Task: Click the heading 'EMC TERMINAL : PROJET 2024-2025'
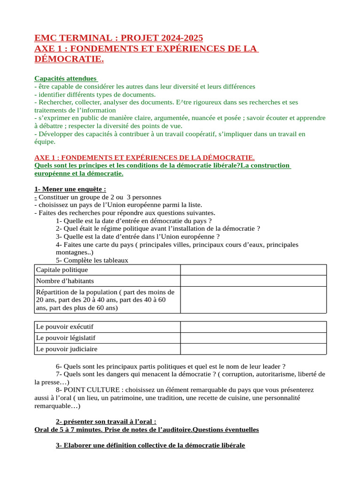tap(119, 38)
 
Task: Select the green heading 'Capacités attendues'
tap(65, 79)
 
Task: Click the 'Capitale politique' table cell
tap(62, 270)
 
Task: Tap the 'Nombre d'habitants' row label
tap(65, 281)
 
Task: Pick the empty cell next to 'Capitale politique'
tap(253, 270)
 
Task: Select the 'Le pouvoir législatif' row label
tap(69, 337)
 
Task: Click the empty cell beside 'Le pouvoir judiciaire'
tap(253, 349)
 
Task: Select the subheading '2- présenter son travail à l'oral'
tap(106, 421)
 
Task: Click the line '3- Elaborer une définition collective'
tap(150, 445)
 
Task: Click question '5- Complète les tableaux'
tap(92, 260)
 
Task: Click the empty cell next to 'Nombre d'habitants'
tap(253, 281)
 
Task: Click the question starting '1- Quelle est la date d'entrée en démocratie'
tap(133, 221)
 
